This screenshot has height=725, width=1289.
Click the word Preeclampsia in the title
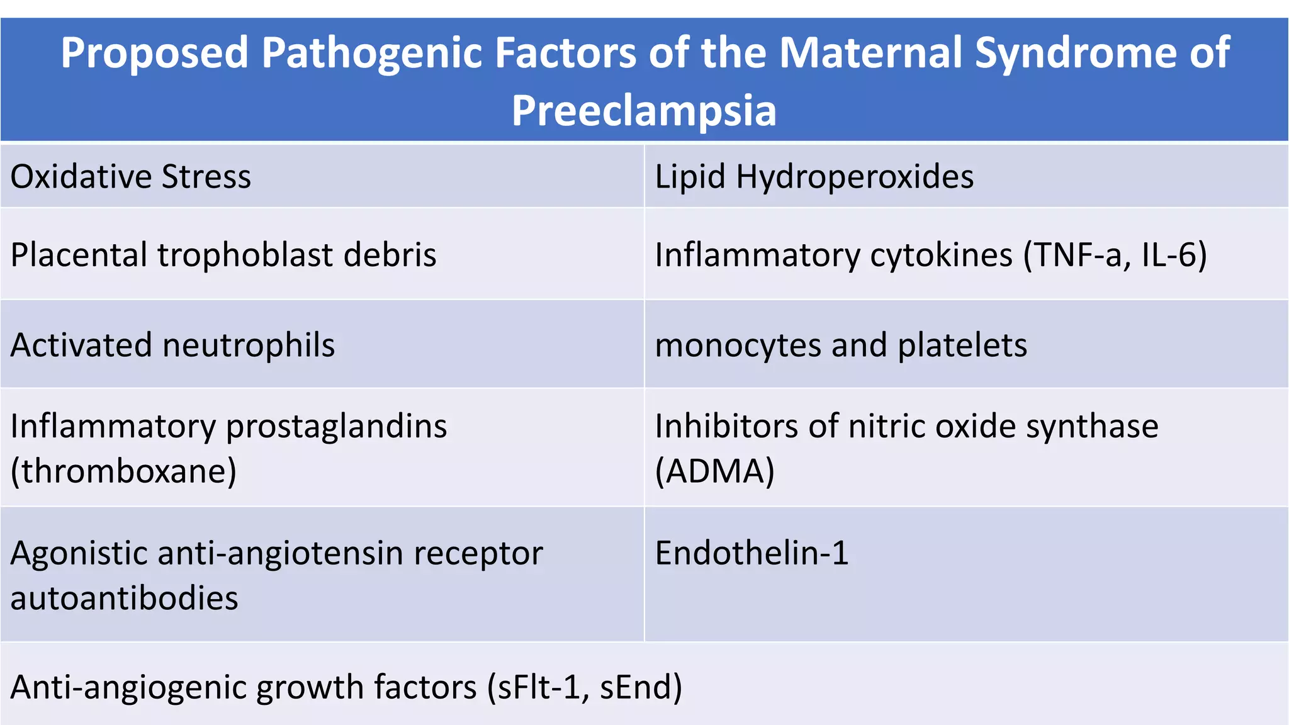click(x=644, y=111)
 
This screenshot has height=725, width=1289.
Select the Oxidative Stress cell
click(x=131, y=177)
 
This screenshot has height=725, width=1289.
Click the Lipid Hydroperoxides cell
click(x=814, y=177)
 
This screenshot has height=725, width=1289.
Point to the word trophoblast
click(x=245, y=255)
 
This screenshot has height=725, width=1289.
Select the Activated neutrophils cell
click(x=172, y=346)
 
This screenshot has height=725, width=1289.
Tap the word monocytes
click(x=737, y=346)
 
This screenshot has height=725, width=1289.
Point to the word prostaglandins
click(x=336, y=427)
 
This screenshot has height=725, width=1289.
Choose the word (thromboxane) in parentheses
click(x=124, y=471)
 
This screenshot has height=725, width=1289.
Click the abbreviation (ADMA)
click(x=714, y=471)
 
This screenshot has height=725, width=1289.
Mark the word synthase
click(x=1092, y=427)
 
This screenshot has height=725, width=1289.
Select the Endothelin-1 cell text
click(x=751, y=553)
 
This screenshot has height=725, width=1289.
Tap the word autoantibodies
click(x=125, y=598)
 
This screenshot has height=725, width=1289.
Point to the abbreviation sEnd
click(x=636, y=687)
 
